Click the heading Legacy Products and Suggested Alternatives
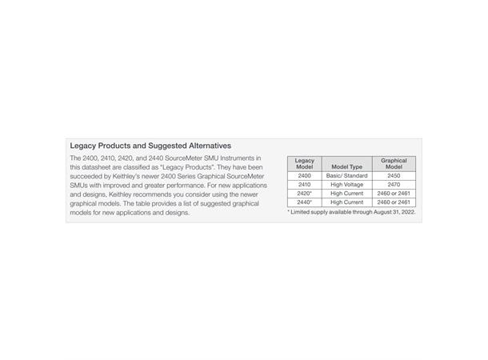pos(150,146)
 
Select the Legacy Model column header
pos(304,163)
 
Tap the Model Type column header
pos(346,166)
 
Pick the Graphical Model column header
pos(394,163)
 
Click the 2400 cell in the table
pos(304,175)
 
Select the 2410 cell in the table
pos(304,184)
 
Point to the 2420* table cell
pos(304,193)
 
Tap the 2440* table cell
pos(304,202)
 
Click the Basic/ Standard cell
pos(346,175)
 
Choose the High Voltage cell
pos(346,184)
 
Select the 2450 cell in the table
pos(394,175)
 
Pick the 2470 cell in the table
pos(394,184)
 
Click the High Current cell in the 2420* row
pos(346,193)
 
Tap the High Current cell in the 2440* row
pos(346,202)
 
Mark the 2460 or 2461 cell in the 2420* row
pos(394,193)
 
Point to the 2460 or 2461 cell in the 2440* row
pos(394,202)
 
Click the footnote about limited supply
pos(351,212)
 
